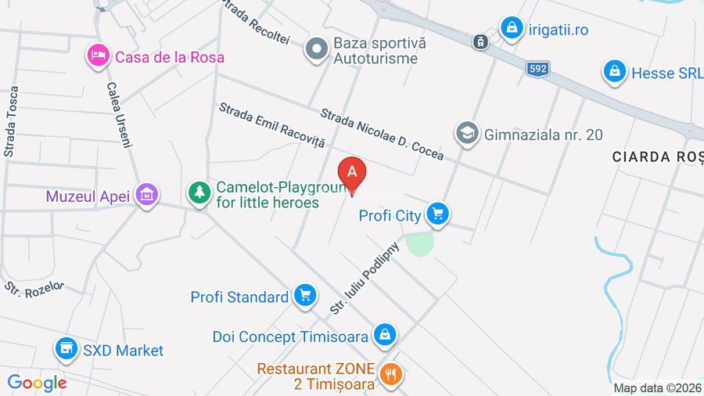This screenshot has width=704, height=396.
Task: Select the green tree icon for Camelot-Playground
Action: (x=200, y=192)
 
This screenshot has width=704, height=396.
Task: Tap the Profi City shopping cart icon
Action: (x=438, y=213)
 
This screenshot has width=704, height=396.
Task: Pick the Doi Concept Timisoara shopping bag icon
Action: (x=383, y=335)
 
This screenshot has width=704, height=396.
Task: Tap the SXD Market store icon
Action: (x=66, y=348)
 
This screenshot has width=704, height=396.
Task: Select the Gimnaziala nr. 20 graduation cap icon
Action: (x=467, y=133)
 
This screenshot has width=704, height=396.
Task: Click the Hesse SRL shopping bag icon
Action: (x=615, y=72)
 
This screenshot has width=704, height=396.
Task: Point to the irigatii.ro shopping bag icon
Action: (x=512, y=28)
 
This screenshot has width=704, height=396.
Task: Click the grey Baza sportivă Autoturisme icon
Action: (x=317, y=48)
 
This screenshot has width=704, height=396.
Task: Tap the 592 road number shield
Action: (x=537, y=69)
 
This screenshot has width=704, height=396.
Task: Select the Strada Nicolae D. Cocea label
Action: (x=382, y=134)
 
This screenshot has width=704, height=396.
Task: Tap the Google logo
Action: (x=37, y=383)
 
